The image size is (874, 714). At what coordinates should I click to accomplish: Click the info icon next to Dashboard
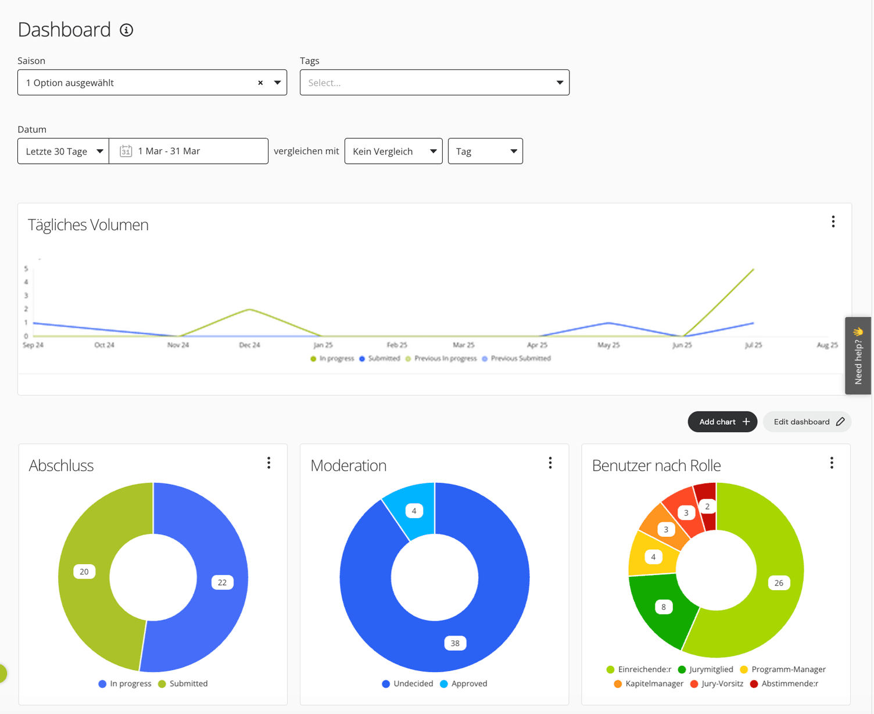tap(127, 30)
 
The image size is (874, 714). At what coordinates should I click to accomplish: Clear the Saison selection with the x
tap(260, 83)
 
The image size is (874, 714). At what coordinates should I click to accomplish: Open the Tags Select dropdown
tap(434, 82)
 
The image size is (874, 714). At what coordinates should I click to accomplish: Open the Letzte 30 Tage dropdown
tap(63, 151)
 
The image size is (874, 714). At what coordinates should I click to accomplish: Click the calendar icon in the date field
tap(126, 151)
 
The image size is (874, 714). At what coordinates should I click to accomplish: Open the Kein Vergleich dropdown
tap(393, 151)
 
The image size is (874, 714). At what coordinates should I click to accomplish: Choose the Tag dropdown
tap(485, 151)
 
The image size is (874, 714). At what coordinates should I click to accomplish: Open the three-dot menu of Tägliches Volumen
tap(833, 222)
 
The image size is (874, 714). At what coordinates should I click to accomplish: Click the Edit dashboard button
tap(807, 422)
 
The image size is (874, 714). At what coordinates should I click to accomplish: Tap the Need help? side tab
tap(858, 356)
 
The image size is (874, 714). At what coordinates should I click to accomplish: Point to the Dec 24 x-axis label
tap(249, 345)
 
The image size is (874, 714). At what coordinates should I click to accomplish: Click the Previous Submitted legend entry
tap(517, 358)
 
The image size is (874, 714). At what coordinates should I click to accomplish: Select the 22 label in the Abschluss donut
tap(222, 582)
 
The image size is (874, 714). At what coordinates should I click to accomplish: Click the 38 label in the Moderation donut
tap(455, 643)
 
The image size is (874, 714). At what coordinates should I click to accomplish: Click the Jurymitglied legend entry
tap(705, 669)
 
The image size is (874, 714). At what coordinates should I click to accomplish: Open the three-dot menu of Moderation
tap(550, 463)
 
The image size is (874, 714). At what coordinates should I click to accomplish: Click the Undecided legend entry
tap(407, 683)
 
